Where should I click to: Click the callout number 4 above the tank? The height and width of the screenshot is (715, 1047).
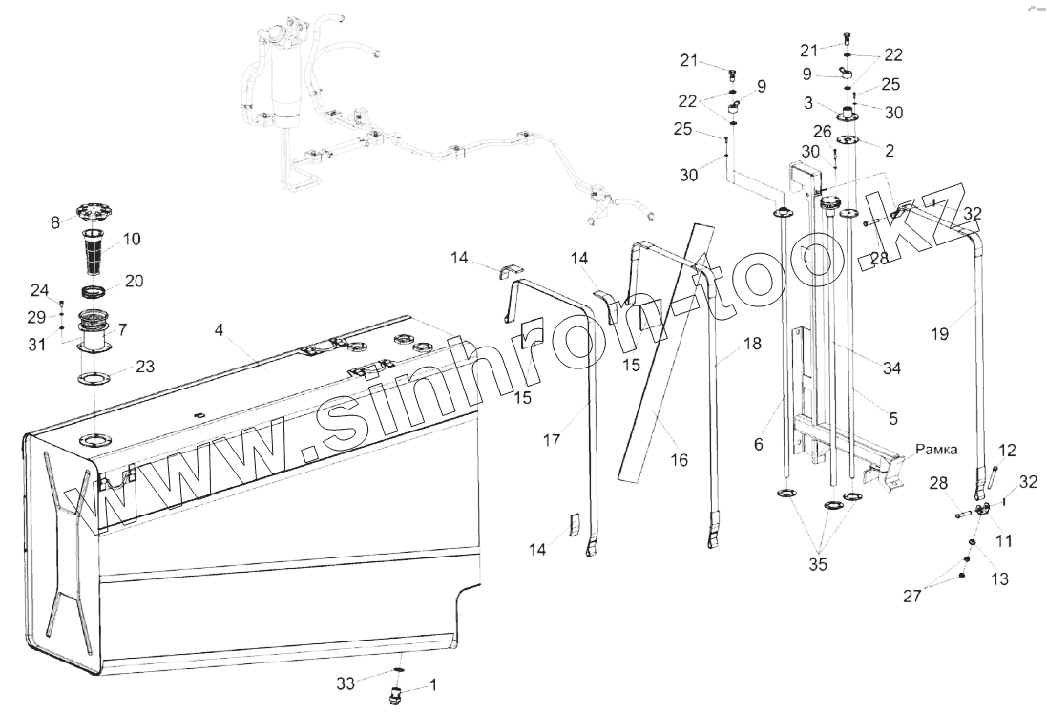220,330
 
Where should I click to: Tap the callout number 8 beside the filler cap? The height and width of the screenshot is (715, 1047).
55,221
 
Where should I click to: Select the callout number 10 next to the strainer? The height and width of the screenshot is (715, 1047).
131,239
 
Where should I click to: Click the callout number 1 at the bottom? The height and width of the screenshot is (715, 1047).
434,683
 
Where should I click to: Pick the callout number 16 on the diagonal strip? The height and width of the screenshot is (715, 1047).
679,459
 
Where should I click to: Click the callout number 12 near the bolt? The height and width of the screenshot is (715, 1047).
1007,449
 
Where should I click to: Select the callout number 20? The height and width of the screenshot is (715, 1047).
135,282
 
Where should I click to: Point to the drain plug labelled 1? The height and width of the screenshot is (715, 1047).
395,692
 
